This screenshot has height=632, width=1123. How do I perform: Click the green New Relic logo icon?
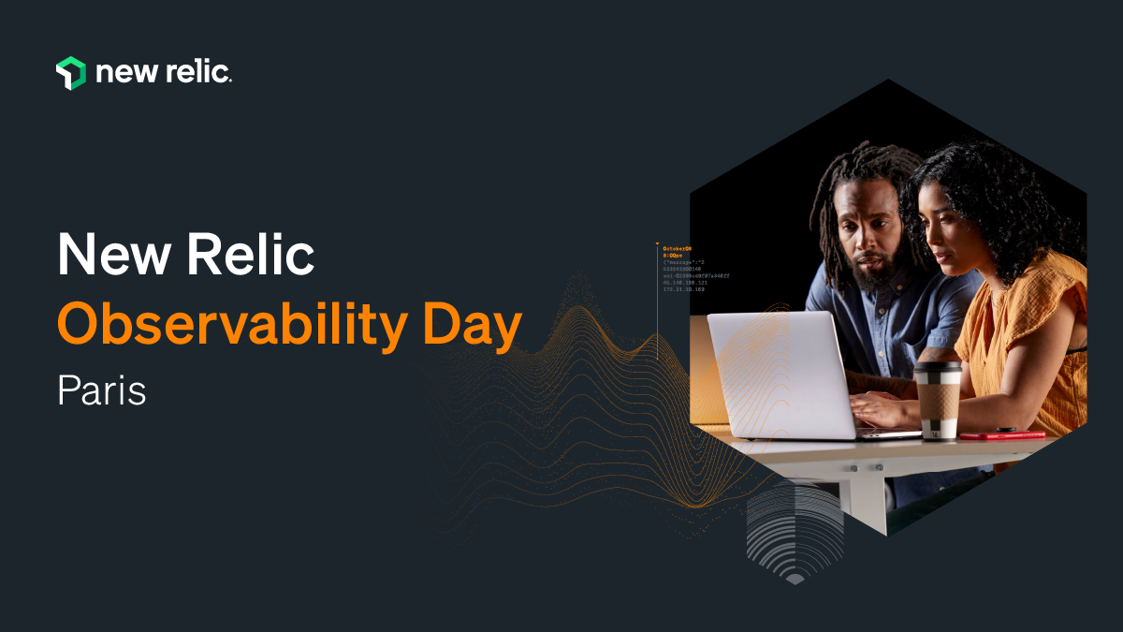point(71,73)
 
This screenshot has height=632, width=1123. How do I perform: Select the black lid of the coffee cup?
point(937,369)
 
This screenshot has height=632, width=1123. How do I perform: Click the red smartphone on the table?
point(1001,434)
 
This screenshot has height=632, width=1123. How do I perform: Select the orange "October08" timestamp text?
point(677,248)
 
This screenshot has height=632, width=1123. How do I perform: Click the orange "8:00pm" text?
point(672,256)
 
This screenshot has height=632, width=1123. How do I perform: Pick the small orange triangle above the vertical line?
point(657,244)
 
